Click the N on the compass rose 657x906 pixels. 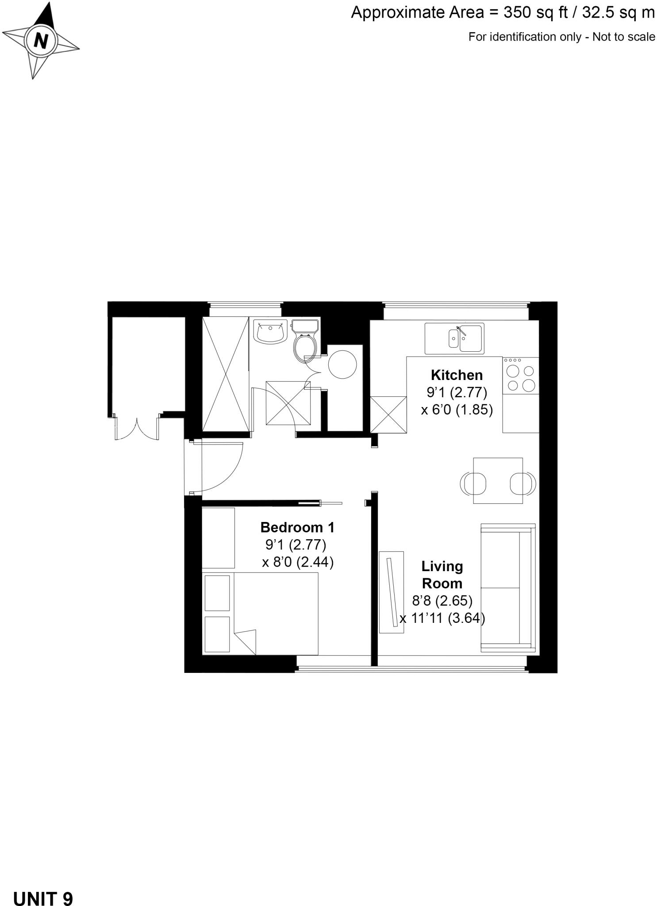pos(41,41)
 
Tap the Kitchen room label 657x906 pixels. pos(457,375)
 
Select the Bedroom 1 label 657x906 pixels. pos(297,527)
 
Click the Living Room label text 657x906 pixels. pos(442,575)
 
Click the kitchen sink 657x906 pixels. pos(454,338)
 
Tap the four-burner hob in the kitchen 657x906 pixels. pos(521,378)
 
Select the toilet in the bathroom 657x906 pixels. pos(305,341)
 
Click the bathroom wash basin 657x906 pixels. pos(270,332)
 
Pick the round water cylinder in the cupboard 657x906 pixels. pos(342,364)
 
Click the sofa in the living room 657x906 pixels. pos(507,587)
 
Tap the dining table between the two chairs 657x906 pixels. pos(498,480)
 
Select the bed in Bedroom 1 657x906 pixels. pos(275,614)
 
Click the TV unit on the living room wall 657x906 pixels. pos(392,592)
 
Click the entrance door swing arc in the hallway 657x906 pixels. pos(221,467)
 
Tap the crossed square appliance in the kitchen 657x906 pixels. pos(388,415)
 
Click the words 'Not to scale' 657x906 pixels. pos(623,37)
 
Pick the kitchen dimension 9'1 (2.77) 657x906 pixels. pos(457,392)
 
